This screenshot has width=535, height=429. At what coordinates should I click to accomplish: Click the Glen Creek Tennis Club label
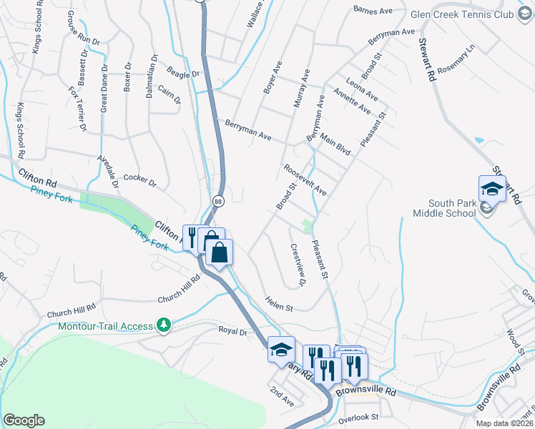462,14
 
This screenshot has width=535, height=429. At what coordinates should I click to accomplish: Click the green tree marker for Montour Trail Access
165,325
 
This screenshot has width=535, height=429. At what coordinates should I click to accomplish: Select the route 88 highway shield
218,202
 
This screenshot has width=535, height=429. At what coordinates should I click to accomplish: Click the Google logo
24,420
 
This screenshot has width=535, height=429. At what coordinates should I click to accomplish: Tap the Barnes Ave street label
373,10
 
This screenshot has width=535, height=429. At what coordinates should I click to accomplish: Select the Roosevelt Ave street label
305,180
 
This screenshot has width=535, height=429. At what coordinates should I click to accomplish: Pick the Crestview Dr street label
298,265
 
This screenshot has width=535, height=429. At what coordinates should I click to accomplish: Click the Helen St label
280,304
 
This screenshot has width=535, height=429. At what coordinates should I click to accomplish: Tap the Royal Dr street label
232,332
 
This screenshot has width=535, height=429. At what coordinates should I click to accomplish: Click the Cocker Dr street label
139,179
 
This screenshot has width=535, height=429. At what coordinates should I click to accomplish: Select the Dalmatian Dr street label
152,76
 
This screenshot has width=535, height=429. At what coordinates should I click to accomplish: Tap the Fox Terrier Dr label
77,109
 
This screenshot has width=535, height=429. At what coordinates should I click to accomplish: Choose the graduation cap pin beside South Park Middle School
492,189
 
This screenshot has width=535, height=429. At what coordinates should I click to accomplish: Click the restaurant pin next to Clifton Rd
192,237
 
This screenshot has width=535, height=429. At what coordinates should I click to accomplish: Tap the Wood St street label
515,338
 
